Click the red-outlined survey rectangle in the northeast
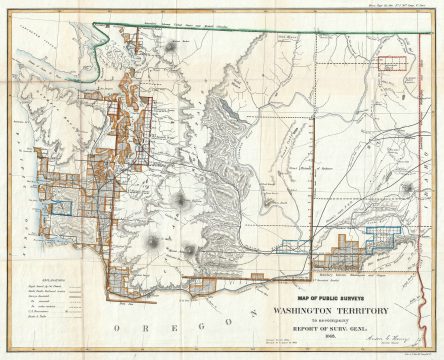(399, 61)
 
